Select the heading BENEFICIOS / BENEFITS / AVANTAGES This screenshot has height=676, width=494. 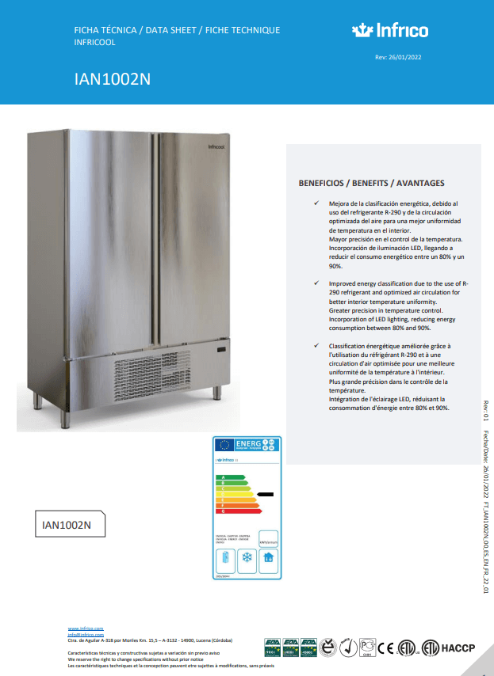371,182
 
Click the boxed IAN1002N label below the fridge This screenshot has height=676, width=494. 67,525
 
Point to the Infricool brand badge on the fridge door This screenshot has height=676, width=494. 218,146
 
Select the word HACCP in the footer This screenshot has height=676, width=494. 458,648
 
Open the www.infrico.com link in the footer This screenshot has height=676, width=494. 86,627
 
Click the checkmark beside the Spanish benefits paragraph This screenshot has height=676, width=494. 316,203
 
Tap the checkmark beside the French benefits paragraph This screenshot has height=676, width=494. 316,346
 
